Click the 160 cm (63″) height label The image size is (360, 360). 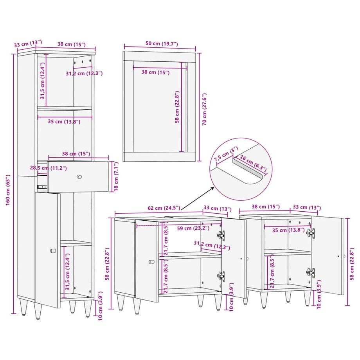click(8, 190)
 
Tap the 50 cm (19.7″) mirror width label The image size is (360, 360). click(162, 43)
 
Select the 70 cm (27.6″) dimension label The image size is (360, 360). click(204, 109)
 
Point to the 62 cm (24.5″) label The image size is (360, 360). click(164, 208)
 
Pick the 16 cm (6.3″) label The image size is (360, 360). click(253, 163)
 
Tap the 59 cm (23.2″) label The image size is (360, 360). click(193, 228)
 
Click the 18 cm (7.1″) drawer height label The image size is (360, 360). click(116, 176)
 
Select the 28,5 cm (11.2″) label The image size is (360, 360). click(49, 168)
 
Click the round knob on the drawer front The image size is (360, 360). click(79, 176)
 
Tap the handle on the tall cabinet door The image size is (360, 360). click(53, 250)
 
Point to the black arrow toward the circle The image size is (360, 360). click(197, 198)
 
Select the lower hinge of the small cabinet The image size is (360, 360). click(310, 272)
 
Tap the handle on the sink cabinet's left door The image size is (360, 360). click(151, 261)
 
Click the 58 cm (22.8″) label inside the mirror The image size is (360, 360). click(177, 107)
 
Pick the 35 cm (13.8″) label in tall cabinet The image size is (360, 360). click(64, 121)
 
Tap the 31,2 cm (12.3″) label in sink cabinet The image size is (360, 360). click(212, 245)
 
